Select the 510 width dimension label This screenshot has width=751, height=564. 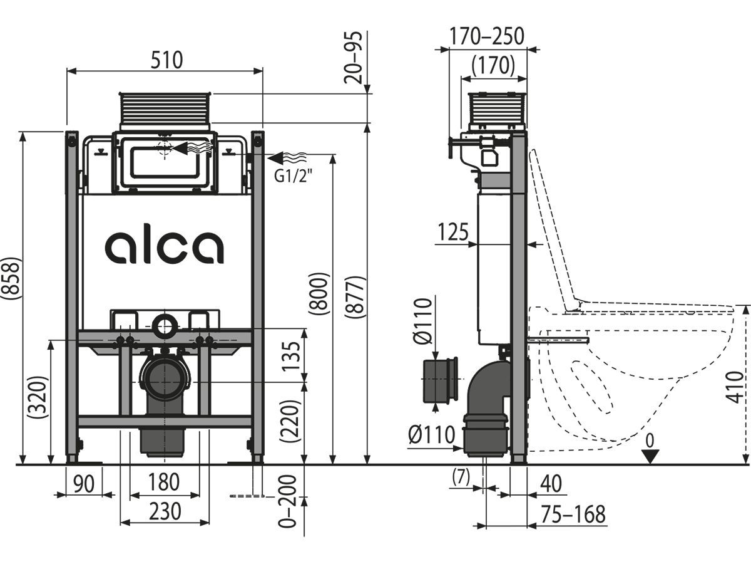pos(167,60)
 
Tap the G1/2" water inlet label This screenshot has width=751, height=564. pos(294,176)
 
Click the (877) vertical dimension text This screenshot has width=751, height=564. pos(355,297)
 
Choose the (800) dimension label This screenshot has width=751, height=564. pos(319,294)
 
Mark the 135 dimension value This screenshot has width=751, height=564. pos(291,356)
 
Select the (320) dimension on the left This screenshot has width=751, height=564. pos(37,397)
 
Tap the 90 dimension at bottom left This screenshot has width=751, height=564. pos(84,484)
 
